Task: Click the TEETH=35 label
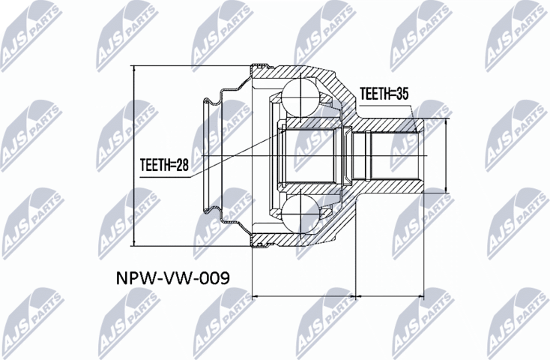click(x=385, y=94)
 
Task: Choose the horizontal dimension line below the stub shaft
click(x=389, y=296)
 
